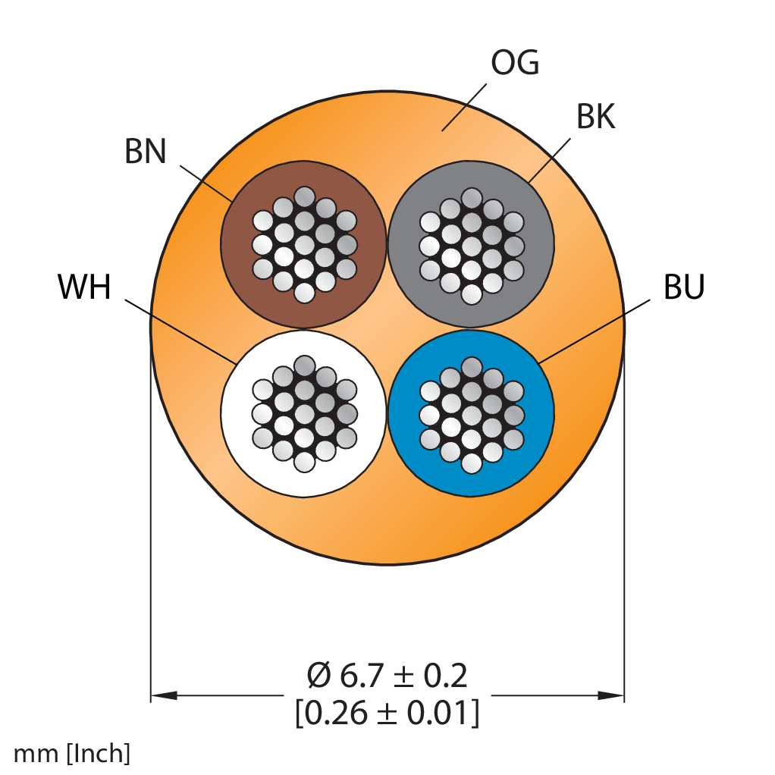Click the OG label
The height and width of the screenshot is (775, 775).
(x=515, y=63)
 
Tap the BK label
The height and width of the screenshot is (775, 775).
(x=595, y=117)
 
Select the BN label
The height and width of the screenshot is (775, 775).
(x=145, y=151)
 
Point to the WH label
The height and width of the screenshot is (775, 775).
(x=84, y=287)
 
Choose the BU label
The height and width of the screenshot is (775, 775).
(x=683, y=287)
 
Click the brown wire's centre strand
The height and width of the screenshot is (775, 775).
(x=304, y=245)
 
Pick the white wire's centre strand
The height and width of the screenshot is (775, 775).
(x=304, y=414)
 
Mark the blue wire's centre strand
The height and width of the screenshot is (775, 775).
(x=471, y=415)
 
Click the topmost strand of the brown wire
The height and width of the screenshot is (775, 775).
(x=304, y=196)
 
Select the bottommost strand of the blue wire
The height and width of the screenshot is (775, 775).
(x=471, y=463)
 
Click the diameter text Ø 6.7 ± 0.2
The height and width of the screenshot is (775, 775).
(x=387, y=675)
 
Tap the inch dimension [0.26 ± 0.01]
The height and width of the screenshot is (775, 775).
(x=387, y=713)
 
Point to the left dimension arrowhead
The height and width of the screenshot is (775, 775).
(x=164, y=695)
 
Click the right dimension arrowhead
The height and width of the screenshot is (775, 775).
(x=611, y=695)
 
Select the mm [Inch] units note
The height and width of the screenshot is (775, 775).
(x=72, y=753)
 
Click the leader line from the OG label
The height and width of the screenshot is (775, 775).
(x=464, y=107)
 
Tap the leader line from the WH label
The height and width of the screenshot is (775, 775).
(x=180, y=331)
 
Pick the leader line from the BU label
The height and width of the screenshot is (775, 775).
(x=594, y=331)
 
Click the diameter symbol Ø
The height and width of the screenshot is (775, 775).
(x=318, y=676)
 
